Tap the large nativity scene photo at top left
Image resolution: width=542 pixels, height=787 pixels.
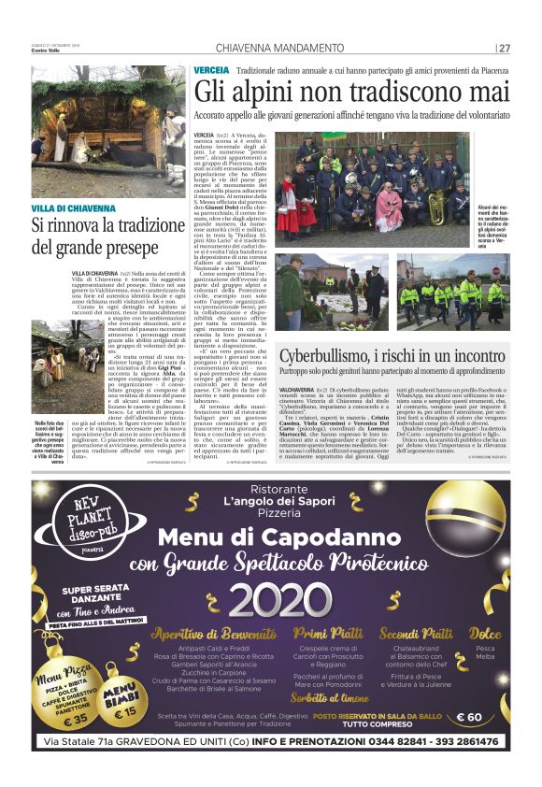(107, 131)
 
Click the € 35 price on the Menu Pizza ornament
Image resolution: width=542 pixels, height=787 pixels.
(54, 719)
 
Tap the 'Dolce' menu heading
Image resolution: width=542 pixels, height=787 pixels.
(484, 633)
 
